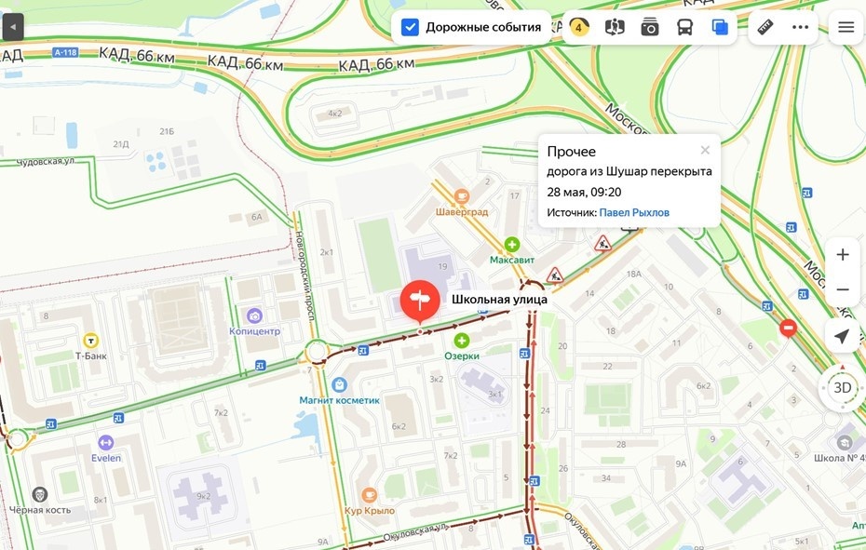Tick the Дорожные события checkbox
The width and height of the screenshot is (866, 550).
pos(410,27)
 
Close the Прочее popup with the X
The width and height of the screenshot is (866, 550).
pos(705,150)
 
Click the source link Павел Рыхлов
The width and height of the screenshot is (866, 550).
pos(633,212)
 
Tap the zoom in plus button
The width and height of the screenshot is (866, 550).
pos(843,254)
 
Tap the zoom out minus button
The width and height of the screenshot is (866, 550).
pos(843,289)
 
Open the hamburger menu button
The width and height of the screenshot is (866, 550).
pos(846,27)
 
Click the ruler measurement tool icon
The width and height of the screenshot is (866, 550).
pos(765,27)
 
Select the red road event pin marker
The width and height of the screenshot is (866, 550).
pos(420,300)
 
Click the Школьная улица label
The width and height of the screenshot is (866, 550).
pos(499,300)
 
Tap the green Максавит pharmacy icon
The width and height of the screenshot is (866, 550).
pos(511,244)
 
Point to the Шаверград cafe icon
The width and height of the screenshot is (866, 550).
pos(461,195)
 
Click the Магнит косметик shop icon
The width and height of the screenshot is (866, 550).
pos(339,384)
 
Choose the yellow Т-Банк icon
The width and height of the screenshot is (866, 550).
pos(91,340)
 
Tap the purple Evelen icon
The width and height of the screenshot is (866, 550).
pos(105,443)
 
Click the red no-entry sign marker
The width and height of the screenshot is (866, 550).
pos(789,328)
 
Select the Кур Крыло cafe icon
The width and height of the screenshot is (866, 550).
pos(370,495)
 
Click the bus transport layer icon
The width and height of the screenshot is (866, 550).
pos(684,27)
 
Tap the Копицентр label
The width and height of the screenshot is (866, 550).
pos(254,331)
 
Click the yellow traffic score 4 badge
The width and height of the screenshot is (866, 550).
pos(578,27)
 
